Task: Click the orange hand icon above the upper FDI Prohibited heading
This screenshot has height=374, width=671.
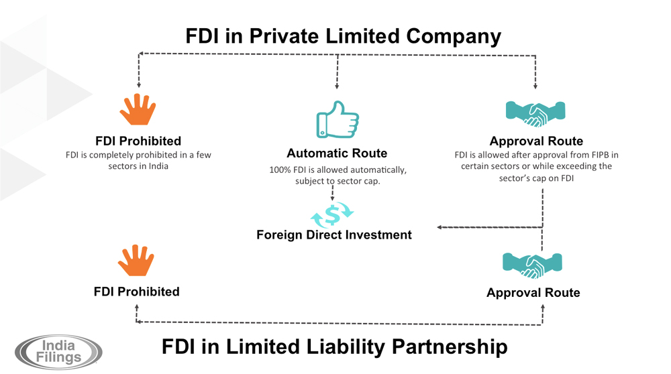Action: coord(138,110)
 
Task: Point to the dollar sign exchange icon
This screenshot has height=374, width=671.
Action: coord(332,215)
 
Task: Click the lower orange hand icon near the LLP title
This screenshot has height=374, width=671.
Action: coord(136,261)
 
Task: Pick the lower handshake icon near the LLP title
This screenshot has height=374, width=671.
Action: coord(532,265)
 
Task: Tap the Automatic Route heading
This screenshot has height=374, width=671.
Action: coord(337,153)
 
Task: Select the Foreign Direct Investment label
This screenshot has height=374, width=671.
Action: coord(333,235)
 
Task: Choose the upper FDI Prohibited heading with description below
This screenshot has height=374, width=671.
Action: coord(138,141)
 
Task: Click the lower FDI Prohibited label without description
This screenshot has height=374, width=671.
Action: coord(136,292)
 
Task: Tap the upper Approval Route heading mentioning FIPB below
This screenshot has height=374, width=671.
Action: coord(536,141)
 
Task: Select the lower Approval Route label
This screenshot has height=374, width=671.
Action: coord(533,292)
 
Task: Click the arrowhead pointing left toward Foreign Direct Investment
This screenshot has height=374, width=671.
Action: coord(440,227)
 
